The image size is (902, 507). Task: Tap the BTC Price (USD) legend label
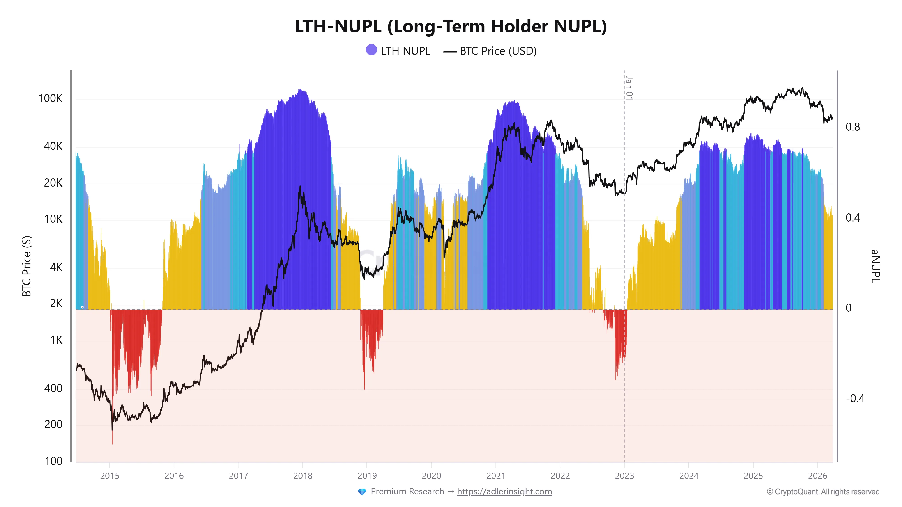coord(498,51)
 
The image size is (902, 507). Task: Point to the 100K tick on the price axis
coord(51,98)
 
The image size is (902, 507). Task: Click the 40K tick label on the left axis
coord(53,146)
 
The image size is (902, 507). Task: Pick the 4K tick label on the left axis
coord(56,268)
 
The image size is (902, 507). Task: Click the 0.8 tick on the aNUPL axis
coord(853,127)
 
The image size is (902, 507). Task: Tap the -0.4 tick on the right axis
coord(855,399)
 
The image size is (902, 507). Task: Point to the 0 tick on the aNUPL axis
coord(848,308)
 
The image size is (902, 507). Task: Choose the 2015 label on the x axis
coord(110,476)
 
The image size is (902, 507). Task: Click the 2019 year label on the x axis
coord(367,476)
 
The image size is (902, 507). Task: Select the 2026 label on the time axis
coord(818,476)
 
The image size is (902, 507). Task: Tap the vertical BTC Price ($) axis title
coord(27,266)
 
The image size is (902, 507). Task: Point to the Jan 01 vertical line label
coord(629,88)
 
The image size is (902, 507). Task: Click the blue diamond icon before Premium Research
coord(362,492)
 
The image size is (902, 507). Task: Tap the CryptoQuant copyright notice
coord(823,492)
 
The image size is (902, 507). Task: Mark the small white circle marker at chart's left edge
coord(82,307)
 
